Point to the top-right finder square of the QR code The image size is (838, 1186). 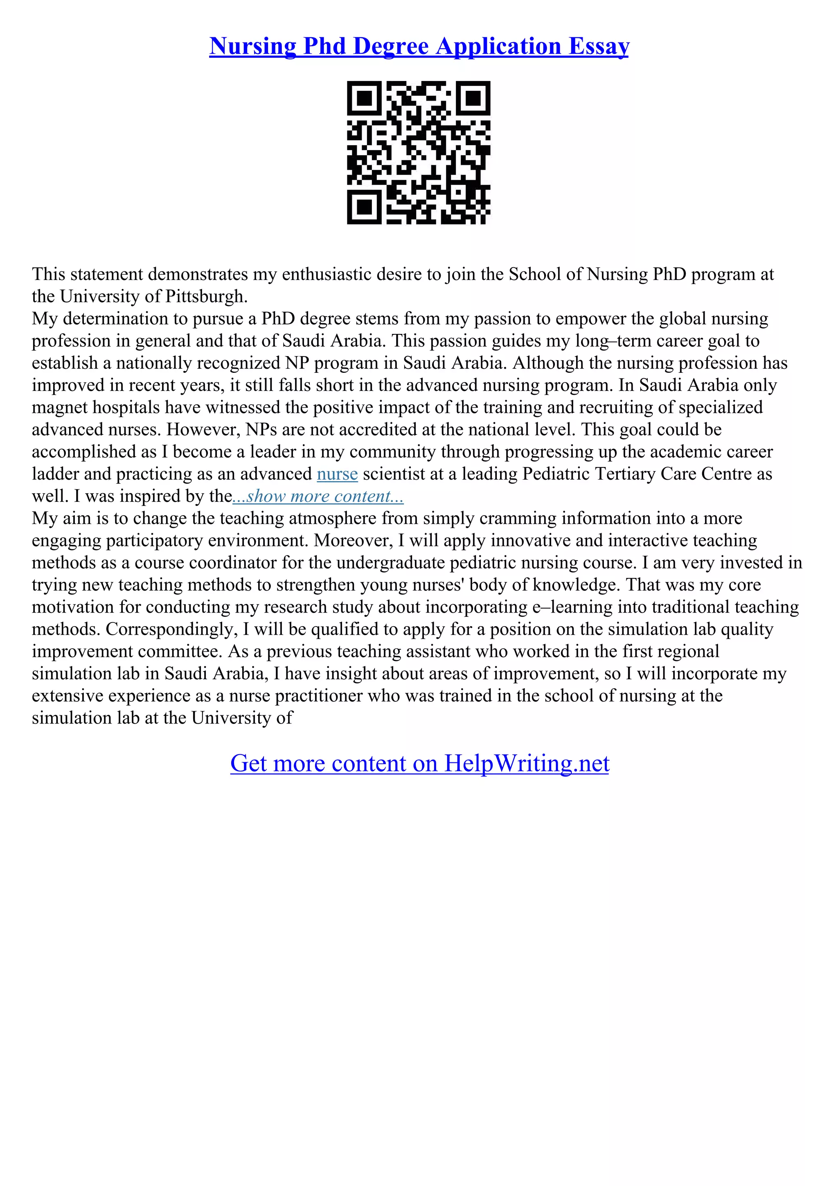pos(473,98)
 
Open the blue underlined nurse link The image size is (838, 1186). pos(337,474)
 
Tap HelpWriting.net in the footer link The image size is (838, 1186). pos(527,764)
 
